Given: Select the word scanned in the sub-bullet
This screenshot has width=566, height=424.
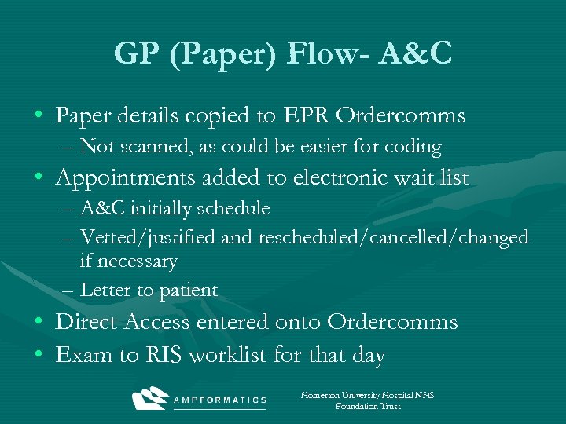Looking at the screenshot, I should [x=148, y=147].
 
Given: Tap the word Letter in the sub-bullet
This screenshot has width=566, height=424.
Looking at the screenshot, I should [x=106, y=290].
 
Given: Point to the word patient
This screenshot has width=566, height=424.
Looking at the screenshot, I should [x=189, y=291].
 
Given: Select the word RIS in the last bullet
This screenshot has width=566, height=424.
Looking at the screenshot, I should [x=164, y=356].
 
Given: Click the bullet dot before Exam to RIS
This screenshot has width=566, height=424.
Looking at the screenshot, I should [x=39, y=356].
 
